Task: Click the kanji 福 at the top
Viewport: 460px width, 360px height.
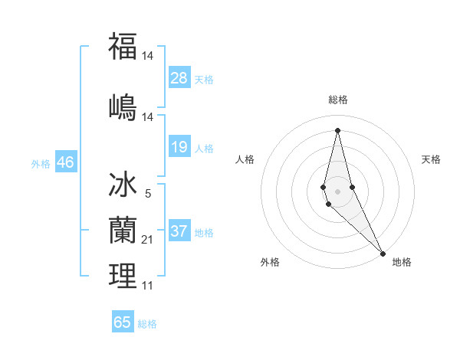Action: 123,46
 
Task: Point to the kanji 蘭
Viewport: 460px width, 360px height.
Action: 123,231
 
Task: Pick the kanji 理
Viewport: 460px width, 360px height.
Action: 123,276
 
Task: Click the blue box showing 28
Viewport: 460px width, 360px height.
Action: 179,77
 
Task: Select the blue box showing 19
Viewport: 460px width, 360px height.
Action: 179,146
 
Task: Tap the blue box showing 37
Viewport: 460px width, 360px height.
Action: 179,231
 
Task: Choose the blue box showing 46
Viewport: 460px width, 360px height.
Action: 65,162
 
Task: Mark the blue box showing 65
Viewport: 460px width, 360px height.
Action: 123,322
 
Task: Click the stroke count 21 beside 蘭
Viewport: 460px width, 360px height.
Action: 148,240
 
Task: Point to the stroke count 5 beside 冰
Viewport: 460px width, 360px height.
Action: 148,194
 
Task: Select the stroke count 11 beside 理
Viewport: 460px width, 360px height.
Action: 148,285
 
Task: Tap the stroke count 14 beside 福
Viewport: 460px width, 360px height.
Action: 148,56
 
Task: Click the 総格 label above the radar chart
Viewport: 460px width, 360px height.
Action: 338,100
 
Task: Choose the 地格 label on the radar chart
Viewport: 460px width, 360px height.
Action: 402,262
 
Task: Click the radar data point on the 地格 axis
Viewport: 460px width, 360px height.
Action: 382,253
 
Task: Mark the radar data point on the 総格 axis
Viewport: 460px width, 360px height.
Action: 338,129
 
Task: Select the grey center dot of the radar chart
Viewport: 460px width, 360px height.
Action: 338,180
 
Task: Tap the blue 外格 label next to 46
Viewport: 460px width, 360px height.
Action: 40,163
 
